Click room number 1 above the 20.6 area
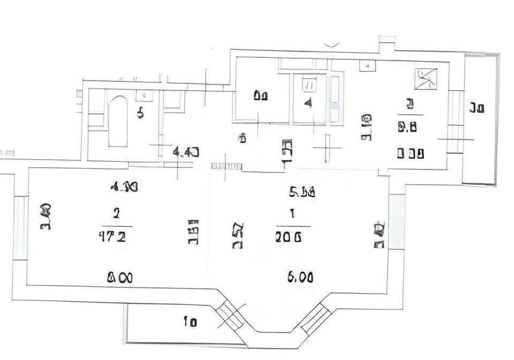pyautogui.click(x=292, y=214)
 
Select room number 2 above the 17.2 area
pyautogui.click(x=116, y=213)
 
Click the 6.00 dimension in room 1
pyautogui.click(x=300, y=277)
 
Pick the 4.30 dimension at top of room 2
pyautogui.click(x=124, y=187)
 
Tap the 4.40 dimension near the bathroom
pyautogui.click(x=186, y=152)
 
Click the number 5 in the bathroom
pyautogui.click(x=140, y=113)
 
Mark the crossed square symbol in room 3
pyautogui.click(x=426, y=79)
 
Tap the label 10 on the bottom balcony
pyautogui.click(x=190, y=322)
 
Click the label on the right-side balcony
pyautogui.click(x=477, y=108)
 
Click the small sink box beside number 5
pyautogui.click(x=145, y=95)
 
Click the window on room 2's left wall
pyautogui.click(x=20, y=228)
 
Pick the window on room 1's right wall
pyautogui.click(x=397, y=221)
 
